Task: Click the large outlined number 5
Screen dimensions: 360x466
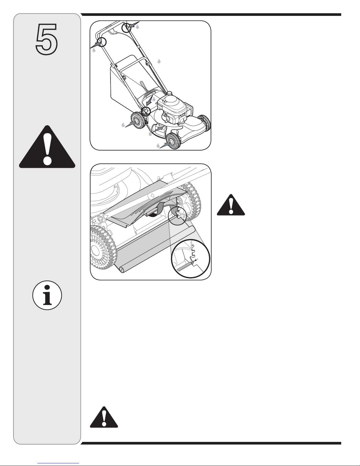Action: click(x=47, y=39)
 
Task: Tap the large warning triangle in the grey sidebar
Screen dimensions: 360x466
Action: click(x=47, y=147)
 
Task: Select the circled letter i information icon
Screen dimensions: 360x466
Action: click(x=47, y=295)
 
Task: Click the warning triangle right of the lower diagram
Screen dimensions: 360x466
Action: click(x=231, y=205)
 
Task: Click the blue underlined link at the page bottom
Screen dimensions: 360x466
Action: click(x=58, y=463)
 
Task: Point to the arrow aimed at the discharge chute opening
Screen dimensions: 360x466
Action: click(x=159, y=129)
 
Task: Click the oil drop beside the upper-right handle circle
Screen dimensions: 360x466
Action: click(x=138, y=26)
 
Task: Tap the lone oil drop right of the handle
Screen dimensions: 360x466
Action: click(x=159, y=61)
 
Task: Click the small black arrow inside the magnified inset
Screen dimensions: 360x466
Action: click(x=196, y=260)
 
